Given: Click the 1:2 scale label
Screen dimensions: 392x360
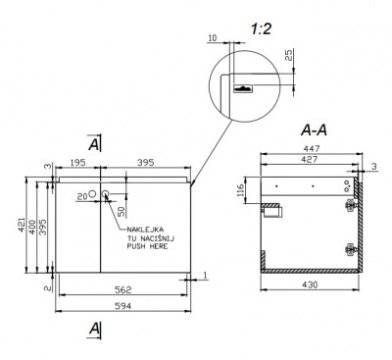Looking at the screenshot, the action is [261, 29].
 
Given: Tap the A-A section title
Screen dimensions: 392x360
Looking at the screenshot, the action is [314, 130].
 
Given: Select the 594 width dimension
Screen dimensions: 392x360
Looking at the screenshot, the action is [122, 306].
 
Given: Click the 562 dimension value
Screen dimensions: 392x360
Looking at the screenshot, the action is [122, 289].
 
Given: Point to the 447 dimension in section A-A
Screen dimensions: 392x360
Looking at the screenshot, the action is [312, 148].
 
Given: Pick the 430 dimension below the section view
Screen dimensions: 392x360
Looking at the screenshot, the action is [310, 284].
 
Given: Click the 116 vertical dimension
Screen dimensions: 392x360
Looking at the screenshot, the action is [240, 190].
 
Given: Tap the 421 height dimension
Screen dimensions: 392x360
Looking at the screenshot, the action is [22, 225].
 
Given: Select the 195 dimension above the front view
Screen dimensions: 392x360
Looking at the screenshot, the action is [77, 162].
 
